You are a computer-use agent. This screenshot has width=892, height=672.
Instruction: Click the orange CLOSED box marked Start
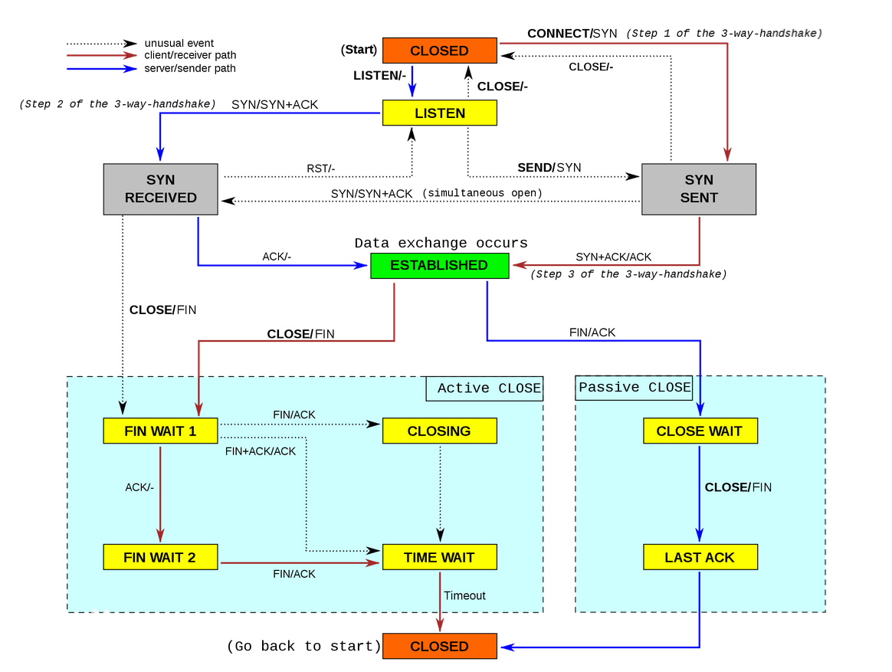coord(439,51)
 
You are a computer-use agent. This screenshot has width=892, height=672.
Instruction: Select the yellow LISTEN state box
coord(439,113)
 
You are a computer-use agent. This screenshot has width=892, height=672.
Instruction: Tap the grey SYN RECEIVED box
coord(161,188)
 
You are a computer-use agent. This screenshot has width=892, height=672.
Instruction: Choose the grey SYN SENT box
coord(698,188)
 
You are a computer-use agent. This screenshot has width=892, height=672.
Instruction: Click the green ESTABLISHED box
coord(439,265)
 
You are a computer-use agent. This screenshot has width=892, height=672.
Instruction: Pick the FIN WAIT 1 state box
coord(160,431)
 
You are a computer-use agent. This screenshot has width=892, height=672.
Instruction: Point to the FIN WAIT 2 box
coord(160,557)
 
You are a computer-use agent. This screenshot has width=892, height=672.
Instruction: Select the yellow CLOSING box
coord(439,431)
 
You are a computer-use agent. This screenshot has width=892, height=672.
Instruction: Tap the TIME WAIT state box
coord(439,557)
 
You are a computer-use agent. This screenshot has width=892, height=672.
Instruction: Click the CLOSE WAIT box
coord(699,431)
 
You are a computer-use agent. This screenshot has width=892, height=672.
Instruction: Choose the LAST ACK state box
coord(699,557)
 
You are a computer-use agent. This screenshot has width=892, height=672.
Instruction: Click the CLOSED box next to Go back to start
coord(439,646)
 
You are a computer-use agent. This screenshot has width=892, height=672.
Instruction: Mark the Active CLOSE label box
coord(485,388)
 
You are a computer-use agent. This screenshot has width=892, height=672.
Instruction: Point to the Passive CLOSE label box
coord(634,387)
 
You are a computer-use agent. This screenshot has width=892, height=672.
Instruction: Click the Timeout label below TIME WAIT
coord(464,595)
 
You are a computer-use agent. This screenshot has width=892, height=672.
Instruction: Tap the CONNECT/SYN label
coord(572,34)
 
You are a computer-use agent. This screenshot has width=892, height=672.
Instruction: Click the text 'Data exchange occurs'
coord(441,243)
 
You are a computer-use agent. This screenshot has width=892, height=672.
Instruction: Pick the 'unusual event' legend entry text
coord(179,43)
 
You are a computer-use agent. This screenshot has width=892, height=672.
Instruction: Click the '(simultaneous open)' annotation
coord(482,193)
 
